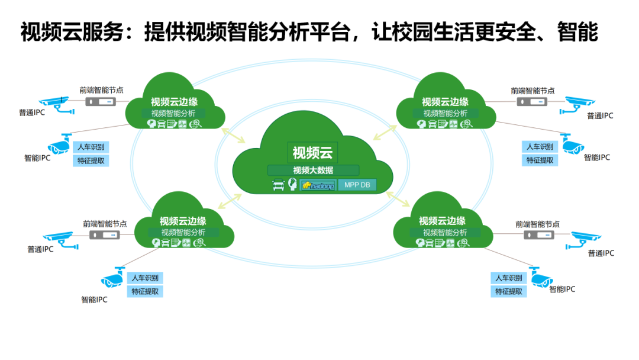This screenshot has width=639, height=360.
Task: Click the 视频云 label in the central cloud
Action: (x=312, y=153)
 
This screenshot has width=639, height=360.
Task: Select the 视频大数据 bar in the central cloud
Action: (x=312, y=171)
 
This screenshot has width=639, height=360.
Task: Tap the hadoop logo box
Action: (x=318, y=185)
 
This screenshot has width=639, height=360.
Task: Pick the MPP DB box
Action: (x=357, y=185)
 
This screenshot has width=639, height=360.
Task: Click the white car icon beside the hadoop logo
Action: (x=278, y=185)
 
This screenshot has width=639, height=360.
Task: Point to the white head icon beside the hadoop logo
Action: (x=292, y=185)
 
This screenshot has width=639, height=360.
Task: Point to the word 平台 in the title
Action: (x=330, y=33)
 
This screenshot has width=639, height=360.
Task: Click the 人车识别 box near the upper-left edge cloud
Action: (x=91, y=147)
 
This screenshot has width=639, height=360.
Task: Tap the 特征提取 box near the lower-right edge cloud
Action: (x=509, y=291)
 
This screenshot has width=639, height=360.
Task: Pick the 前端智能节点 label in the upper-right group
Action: (x=533, y=91)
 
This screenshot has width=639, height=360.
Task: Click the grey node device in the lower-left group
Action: (x=105, y=234)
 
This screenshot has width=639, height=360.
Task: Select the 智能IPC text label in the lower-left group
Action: (x=95, y=300)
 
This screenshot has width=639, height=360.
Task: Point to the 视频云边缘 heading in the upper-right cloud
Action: (x=445, y=102)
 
